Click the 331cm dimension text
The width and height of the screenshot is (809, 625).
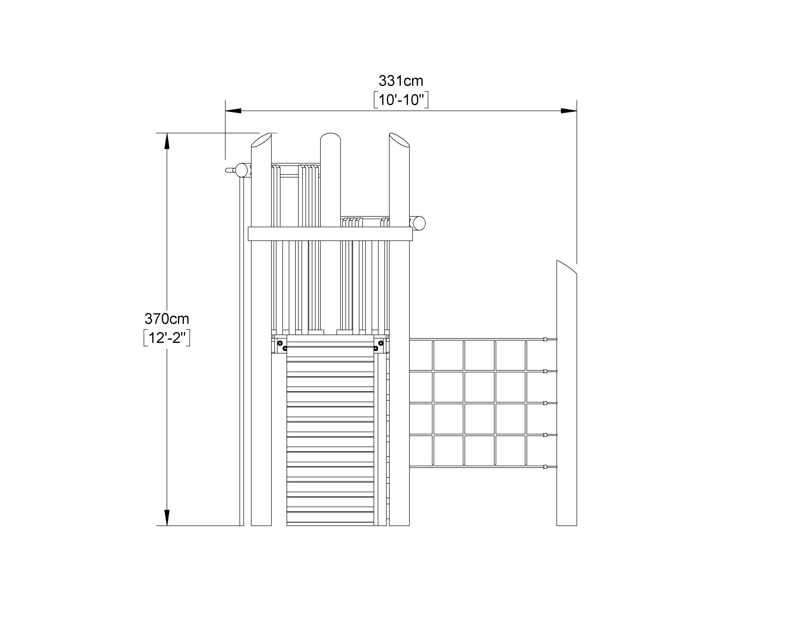[401, 81]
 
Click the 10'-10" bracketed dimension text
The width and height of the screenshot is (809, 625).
[401, 100]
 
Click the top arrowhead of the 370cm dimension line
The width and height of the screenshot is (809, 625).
[167, 141]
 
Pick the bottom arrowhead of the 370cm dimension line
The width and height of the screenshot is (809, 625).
[167, 518]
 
